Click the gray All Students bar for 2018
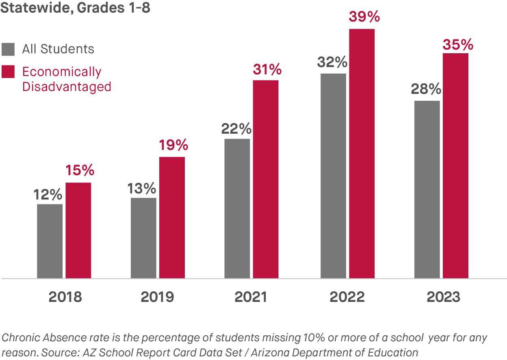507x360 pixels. [x=50, y=241]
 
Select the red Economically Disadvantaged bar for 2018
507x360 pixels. [x=78, y=230]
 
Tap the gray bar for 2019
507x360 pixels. [x=143, y=238]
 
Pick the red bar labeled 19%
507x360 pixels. [x=172, y=217]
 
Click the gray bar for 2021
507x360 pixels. [x=237, y=208]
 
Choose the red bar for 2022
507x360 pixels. [x=362, y=154]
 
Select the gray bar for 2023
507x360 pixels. [x=427, y=189]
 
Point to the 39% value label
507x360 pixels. [x=364, y=17]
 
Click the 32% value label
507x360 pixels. [x=333, y=63]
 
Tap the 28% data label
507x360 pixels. [x=426, y=89]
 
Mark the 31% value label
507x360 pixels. [x=267, y=70]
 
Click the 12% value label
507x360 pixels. [x=48, y=195]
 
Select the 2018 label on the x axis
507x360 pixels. [x=65, y=297]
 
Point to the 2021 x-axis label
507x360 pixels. [x=251, y=297]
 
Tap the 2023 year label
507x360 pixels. [x=443, y=297]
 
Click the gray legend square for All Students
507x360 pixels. [x=8, y=49]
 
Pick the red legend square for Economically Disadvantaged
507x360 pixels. [x=8, y=72]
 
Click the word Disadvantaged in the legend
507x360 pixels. [x=67, y=87]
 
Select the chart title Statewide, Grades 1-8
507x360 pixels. [x=75, y=8]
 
